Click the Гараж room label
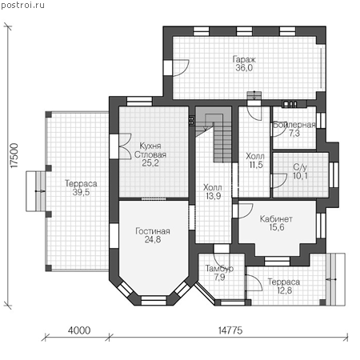[244, 59]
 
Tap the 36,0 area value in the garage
[244, 68]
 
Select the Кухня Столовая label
[150, 150]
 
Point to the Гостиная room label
[153, 231]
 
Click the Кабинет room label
[276, 219]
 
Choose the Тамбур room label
[219, 269]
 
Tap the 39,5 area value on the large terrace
[81, 192]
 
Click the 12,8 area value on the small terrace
[284, 290]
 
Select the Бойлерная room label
[294, 125]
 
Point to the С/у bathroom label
[300, 167]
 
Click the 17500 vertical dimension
[14, 156]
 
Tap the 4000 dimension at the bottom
[79, 330]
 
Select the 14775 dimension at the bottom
[230, 330]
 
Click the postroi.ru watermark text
[22, 5]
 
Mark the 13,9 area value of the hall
[214, 196]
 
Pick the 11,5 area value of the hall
[256, 165]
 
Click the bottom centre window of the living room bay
[154, 300]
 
